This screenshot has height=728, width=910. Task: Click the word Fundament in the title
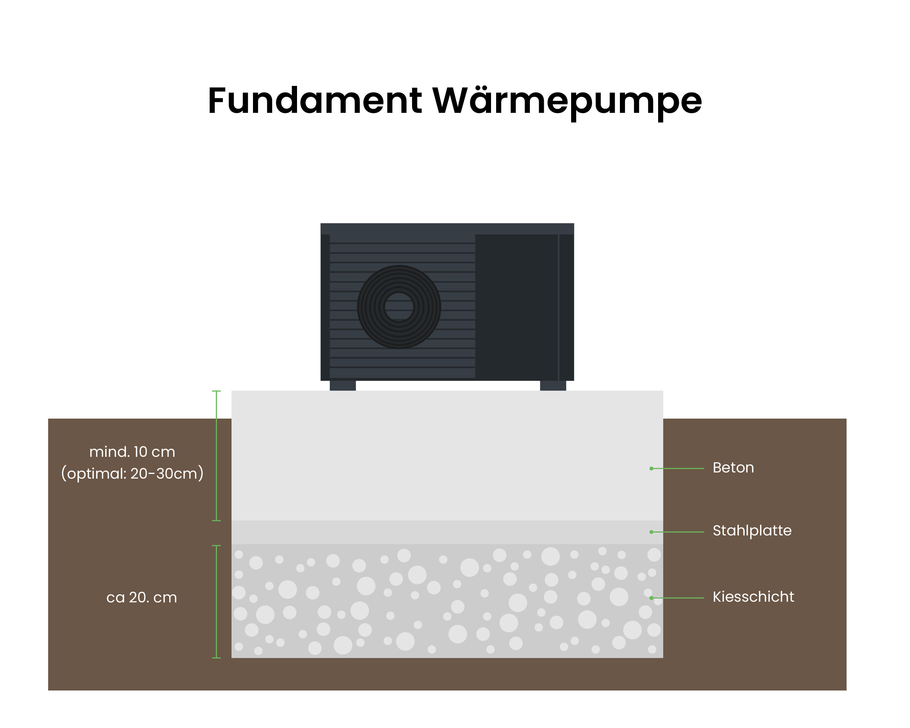click(314, 101)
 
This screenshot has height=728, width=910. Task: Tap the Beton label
click(733, 468)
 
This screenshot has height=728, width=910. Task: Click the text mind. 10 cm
click(132, 452)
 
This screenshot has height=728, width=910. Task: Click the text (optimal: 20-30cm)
click(132, 474)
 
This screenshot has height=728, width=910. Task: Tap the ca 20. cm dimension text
click(141, 598)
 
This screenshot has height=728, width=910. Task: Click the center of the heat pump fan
click(399, 307)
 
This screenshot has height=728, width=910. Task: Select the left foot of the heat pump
click(343, 386)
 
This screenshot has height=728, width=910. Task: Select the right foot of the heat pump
click(553, 386)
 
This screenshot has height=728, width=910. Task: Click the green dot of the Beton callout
click(652, 468)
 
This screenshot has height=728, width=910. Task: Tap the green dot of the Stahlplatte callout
click(652, 532)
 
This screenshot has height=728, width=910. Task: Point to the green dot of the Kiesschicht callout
click(652, 598)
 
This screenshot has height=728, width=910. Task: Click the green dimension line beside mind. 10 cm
click(217, 456)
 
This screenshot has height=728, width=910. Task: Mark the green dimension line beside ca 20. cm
click(217, 601)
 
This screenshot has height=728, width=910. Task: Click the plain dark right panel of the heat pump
click(517, 307)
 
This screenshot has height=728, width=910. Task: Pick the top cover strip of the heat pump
click(447, 229)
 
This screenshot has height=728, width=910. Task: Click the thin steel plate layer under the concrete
click(447, 532)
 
